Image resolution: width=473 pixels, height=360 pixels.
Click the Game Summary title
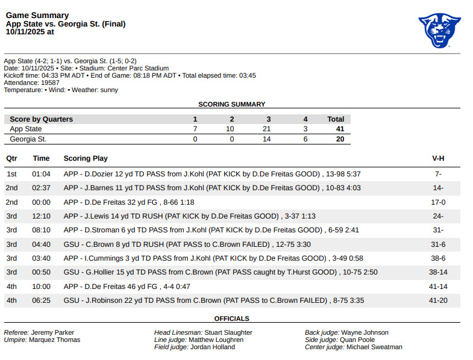point(37,16)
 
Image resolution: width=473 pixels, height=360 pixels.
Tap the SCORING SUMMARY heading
point(231,104)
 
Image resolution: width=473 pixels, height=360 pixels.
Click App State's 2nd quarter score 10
point(231,129)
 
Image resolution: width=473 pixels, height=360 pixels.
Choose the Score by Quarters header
point(41,119)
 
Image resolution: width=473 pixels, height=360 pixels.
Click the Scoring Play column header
point(86,158)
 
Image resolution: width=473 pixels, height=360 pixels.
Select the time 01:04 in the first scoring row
point(41,174)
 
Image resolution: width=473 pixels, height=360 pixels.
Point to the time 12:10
point(41,216)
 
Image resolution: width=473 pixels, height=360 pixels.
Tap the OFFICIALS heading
point(231,318)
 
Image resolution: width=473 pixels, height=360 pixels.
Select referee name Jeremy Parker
point(53,332)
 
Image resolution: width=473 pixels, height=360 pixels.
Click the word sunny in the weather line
point(109,90)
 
